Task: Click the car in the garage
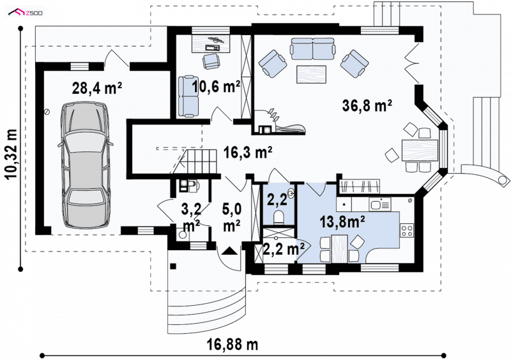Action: (86, 165)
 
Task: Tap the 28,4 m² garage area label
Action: (97, 88)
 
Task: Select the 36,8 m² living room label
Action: (367, 105)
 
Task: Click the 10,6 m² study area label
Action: (216, 87)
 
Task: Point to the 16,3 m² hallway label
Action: (248, 152)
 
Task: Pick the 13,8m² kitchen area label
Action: (342, 222)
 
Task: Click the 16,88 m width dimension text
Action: (233, 344)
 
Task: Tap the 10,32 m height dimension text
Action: (11, 154)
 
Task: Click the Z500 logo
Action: (26, 13)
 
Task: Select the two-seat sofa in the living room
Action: (312, 49)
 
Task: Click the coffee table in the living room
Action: (312, 74)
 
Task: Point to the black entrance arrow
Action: (230, 251)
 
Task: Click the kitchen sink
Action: (379, 205)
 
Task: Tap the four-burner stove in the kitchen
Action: (407, 230)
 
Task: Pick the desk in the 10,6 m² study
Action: (211, 43)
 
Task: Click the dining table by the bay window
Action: (420, 150)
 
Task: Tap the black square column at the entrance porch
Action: (173, 267)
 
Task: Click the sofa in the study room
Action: (188, 96)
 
